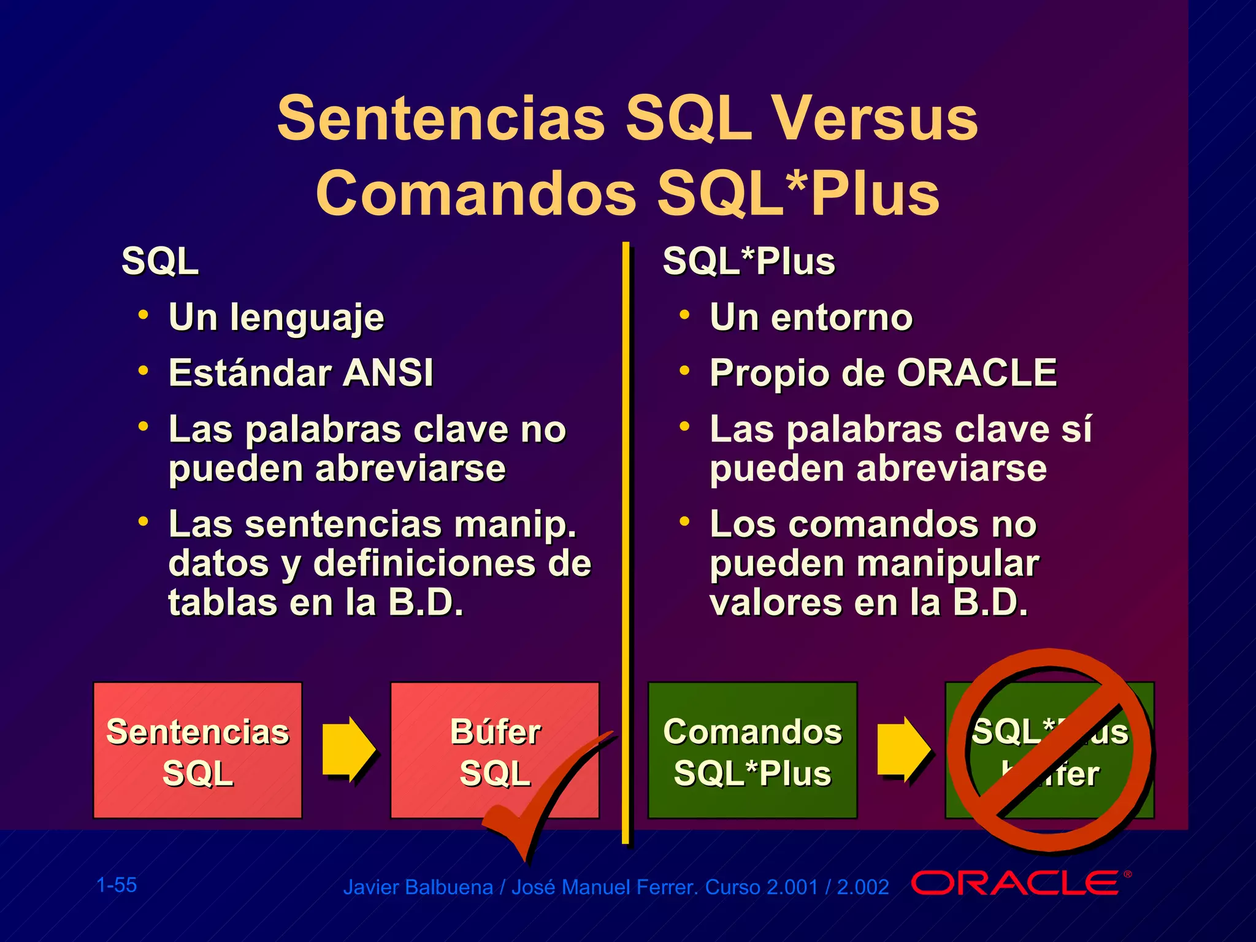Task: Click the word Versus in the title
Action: (x=873, y=118)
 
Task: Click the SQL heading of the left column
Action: (x=160, y=261)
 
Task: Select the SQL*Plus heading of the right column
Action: (x=748, y=261)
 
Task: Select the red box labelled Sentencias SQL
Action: (x=197, y=750)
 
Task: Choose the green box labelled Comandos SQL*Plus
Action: (x=752, y=750)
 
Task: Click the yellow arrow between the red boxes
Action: (x=348, y=749)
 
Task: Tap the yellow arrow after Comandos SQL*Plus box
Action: (x=903, y=749)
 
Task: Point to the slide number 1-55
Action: (x=117, y=885)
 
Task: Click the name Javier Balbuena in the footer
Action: (x=418, y=887)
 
